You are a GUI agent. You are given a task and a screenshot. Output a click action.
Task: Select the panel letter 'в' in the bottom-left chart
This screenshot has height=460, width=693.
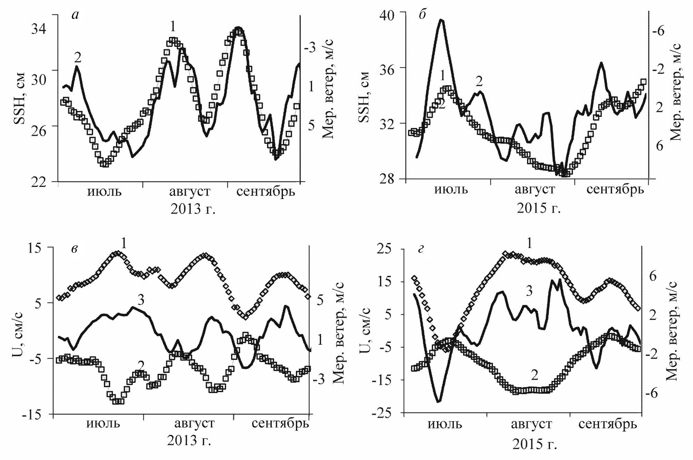pos(74,249)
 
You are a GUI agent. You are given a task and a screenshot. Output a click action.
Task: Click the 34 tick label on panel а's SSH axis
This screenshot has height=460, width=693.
pos(39,29)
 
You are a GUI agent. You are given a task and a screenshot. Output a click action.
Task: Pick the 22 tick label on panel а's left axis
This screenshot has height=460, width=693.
pos(39,182)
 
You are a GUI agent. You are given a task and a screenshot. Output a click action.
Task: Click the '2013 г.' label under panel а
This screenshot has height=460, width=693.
pos(193,209)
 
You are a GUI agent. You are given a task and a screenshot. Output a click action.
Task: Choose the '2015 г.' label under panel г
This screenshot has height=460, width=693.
pos(534,444)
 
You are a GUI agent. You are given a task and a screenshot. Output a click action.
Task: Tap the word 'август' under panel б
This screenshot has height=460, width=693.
pos(535,190)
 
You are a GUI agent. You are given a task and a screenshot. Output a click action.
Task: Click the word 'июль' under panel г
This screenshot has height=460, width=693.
pos(445,424)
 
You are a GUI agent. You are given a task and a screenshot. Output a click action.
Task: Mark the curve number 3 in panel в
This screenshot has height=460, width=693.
pos(140,300)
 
